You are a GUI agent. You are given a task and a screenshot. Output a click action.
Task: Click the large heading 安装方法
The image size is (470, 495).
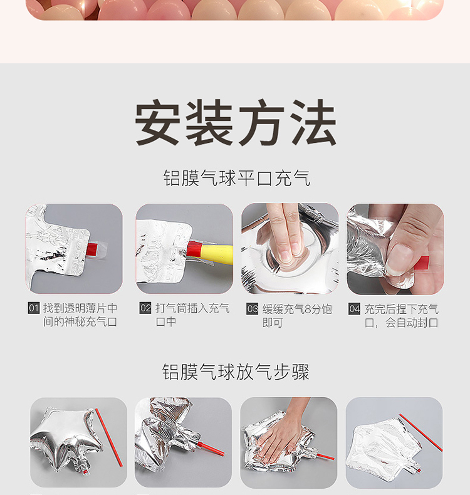(236, 122)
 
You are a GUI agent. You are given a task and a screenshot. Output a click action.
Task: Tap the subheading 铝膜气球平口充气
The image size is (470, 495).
(237, 178)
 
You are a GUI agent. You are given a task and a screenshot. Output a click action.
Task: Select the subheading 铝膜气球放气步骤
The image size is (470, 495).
(236, 372)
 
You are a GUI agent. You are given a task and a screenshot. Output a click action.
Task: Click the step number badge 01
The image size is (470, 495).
(33, 308)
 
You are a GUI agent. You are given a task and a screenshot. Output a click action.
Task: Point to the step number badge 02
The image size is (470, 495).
(145, 308)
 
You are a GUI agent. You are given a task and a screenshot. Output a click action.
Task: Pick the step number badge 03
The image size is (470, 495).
(252, 309)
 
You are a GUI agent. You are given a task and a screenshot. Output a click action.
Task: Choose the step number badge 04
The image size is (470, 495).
(354, 309)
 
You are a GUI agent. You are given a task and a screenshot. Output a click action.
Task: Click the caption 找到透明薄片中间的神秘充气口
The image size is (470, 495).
(80, 315)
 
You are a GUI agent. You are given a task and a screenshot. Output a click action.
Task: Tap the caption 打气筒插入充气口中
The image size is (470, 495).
(192, 315)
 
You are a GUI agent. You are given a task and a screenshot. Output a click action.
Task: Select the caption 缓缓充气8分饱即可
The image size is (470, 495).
(297, 316)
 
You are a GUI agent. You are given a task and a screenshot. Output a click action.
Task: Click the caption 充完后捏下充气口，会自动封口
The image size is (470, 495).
(402, 316)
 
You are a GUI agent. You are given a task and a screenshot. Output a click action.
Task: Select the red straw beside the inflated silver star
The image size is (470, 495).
(108, 437)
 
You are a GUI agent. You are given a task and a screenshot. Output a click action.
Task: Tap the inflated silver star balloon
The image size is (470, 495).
(67, 439)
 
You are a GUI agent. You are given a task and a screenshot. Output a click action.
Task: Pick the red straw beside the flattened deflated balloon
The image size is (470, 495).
(420, 432)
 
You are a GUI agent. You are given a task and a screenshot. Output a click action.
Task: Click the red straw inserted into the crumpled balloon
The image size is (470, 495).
(211, 449)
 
